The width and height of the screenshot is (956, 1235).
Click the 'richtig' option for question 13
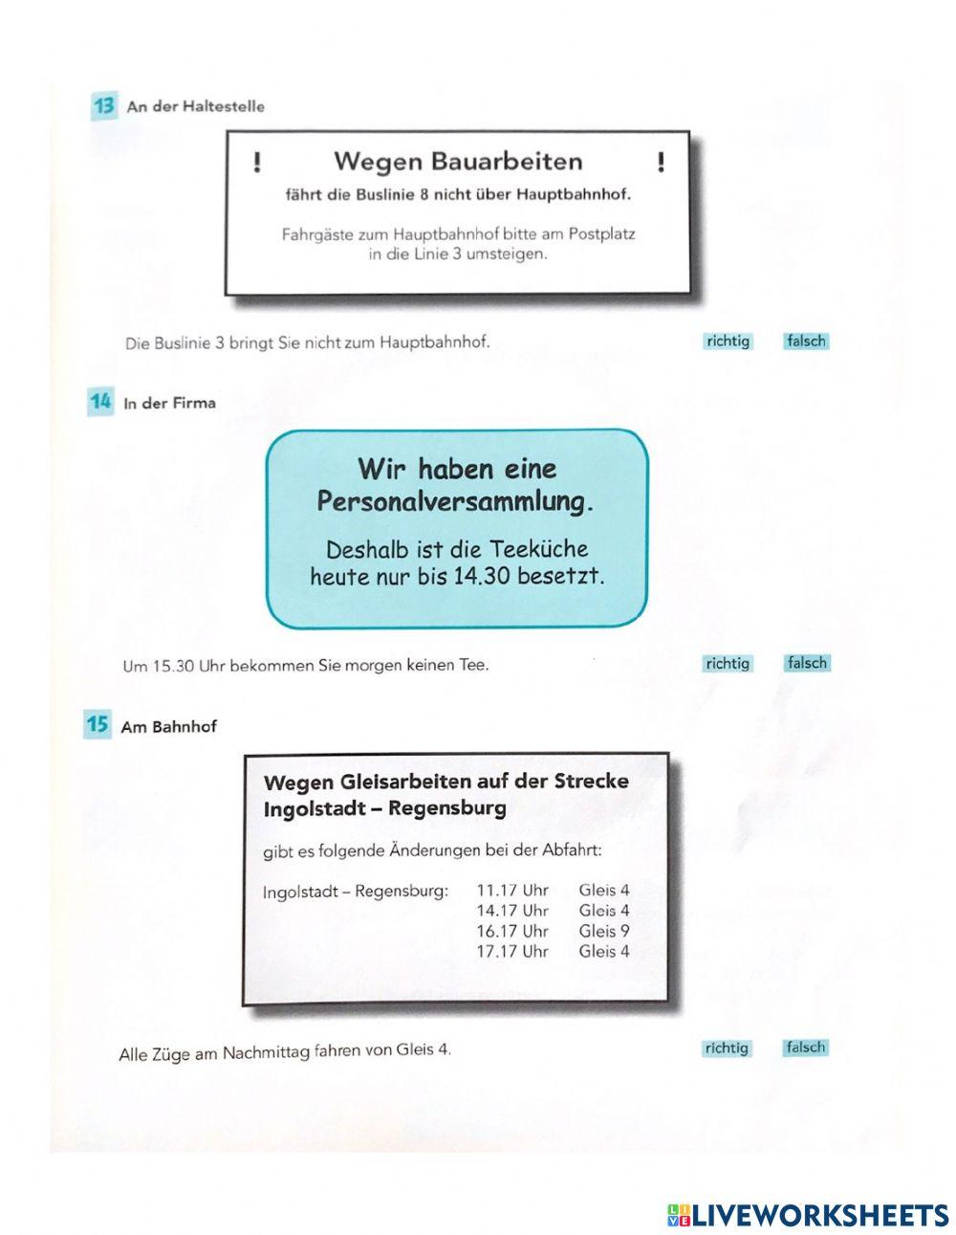tap(728, 341)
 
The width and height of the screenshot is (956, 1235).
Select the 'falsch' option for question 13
tap(805, 341)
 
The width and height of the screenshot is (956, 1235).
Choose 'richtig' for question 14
tap(728, 663)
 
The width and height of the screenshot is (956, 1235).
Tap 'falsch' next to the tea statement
tap(806, 662)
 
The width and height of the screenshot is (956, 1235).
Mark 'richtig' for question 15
tap(727, 1048)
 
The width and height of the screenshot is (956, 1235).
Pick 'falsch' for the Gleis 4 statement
tap(805, 1047)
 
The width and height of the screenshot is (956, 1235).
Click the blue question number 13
tap(103, 106)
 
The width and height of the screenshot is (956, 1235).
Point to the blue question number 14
tap(100, 402)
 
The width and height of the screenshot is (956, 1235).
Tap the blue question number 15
tap(98, 724)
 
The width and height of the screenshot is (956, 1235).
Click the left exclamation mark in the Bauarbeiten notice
tap(256, 163)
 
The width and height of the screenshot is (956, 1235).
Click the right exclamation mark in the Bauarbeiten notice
tap(661, 163)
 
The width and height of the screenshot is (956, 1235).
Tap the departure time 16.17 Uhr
tap(512, 930)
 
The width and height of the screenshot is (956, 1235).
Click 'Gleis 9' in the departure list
tap(603, 930)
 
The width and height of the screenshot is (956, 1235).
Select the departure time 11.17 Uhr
tap(512, 890)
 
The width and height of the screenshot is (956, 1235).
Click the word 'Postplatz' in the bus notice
tap(601, 233)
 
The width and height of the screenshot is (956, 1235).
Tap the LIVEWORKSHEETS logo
tap(807, 1214)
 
